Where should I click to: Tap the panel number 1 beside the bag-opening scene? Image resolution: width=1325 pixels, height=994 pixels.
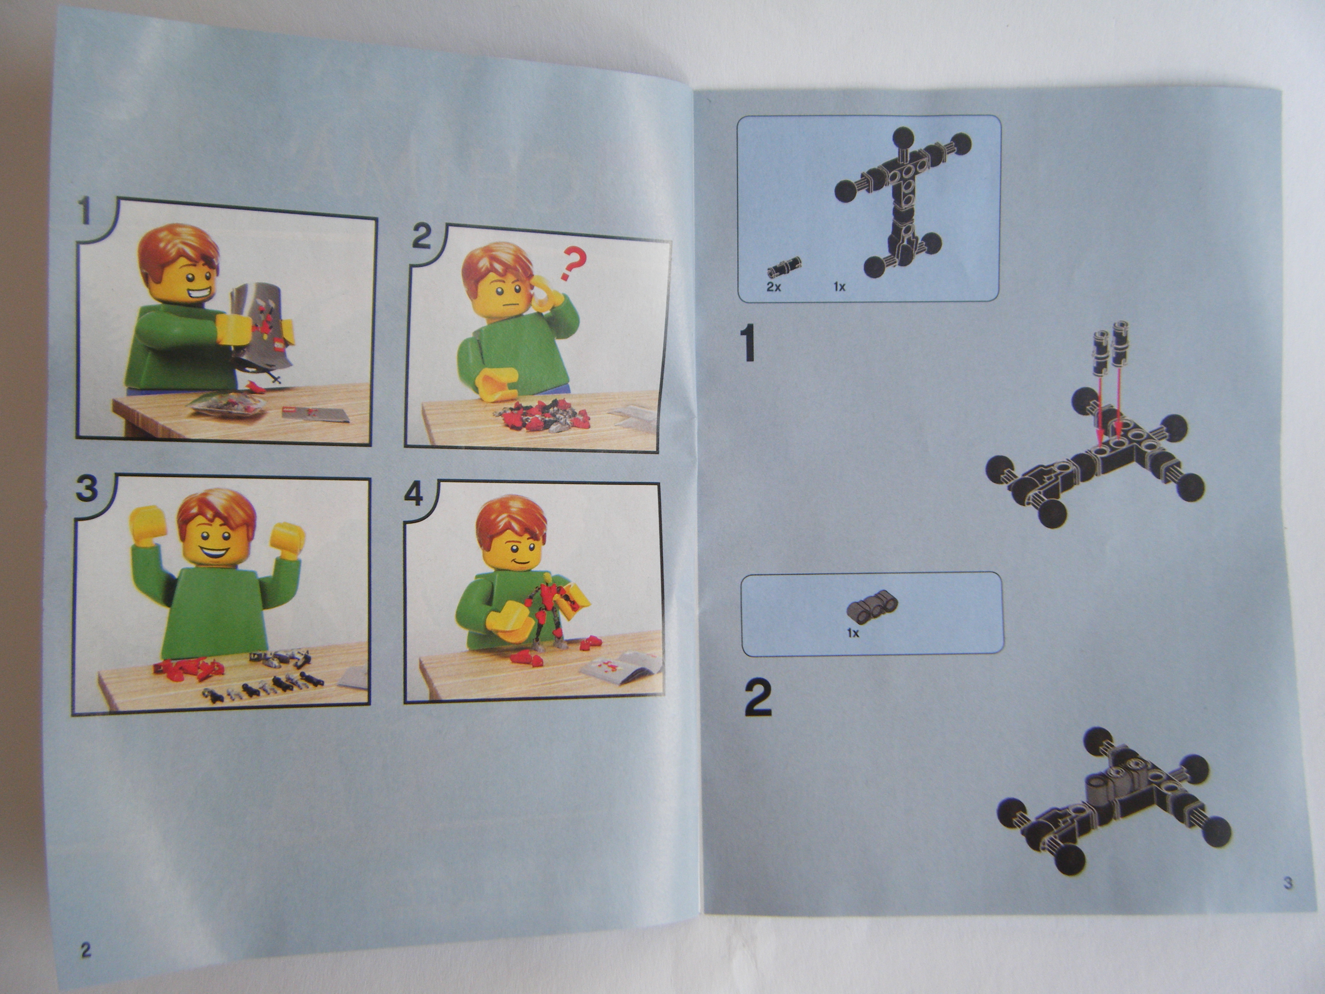[88, 213]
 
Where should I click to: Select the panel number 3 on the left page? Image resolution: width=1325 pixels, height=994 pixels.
[88, 489]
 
